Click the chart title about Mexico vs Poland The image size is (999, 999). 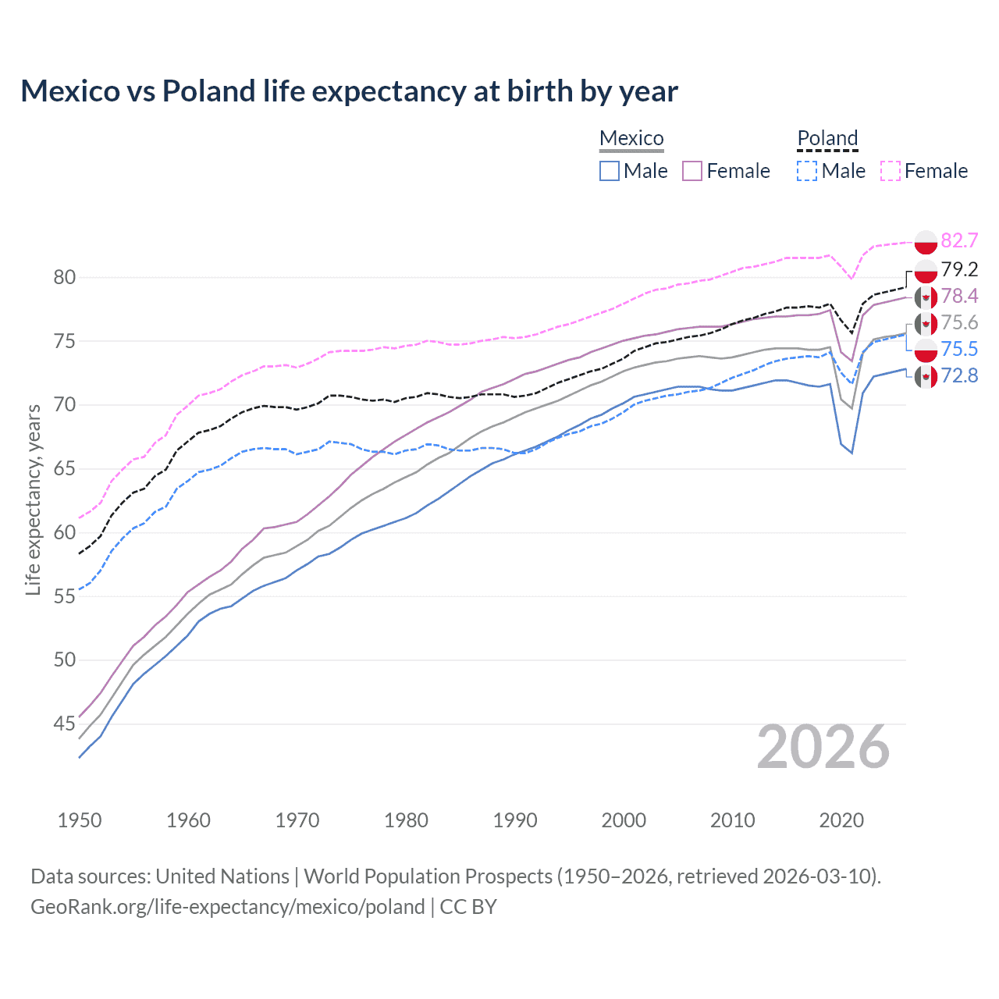click(349, 91)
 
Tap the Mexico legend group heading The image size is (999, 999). click(631, 138)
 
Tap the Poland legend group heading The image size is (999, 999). click(827, 138)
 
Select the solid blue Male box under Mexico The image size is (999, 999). click(610, 171)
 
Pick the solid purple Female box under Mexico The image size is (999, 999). click(692, 171)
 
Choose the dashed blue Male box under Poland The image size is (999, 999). click(807, 171)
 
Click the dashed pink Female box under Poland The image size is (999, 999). click(890, 171)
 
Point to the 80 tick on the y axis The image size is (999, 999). click(65, 277)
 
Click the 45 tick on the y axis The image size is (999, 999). click(65, 723)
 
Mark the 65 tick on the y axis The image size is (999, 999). click(65, 468)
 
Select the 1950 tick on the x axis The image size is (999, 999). click(80, 820)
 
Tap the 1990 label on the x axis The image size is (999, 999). click(515, 820)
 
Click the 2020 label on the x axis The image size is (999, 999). click(841, 820)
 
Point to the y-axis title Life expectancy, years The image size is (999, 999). click(34, 499)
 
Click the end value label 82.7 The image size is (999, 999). click(959, 240)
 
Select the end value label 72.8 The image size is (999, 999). click(959, 376)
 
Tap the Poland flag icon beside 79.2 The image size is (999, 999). click(926, 270)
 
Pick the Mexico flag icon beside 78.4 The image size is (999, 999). click(926, 297)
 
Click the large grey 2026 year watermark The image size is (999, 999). click(823, 747)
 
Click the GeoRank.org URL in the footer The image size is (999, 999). click(227, 906)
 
